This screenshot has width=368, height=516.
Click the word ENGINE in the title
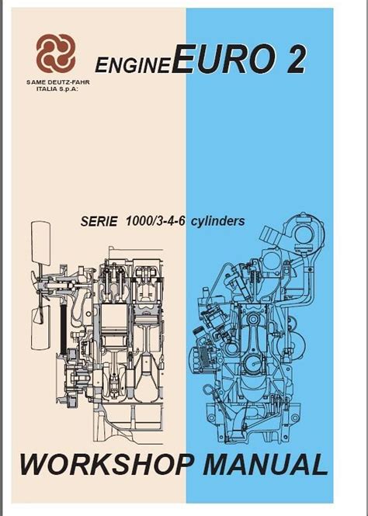pyautogui.click(x=132, y=65)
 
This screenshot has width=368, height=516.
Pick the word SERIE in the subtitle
pyautogui.click(x=99, y=221)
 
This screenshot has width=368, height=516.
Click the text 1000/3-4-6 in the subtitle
pyautogui.click(x=154, y=221)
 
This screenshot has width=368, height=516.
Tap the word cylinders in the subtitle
pyautogui.click(x=218, y=221)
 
